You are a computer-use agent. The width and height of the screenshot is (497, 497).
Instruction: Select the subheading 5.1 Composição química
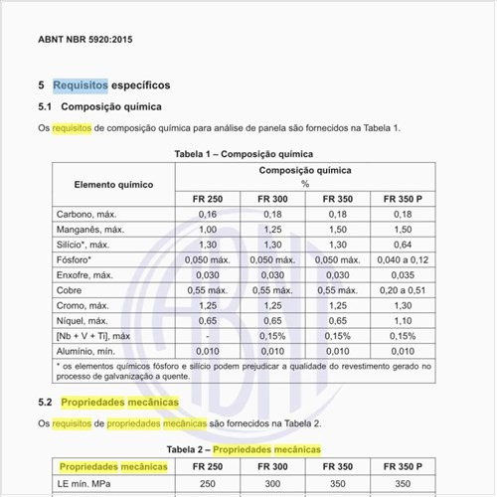coord(98,106)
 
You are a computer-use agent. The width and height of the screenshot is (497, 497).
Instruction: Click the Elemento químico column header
coord(113,184)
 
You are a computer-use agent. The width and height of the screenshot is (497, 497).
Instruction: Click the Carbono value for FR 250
coord(207,214)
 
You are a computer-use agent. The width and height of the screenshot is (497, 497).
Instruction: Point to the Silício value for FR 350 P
coord(403,244)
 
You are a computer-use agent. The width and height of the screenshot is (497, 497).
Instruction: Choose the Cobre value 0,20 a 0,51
coord(403,290)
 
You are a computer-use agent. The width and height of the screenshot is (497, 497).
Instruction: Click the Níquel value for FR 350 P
coord(403,320)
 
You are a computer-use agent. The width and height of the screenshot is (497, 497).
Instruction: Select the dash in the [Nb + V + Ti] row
coord(207,336)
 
